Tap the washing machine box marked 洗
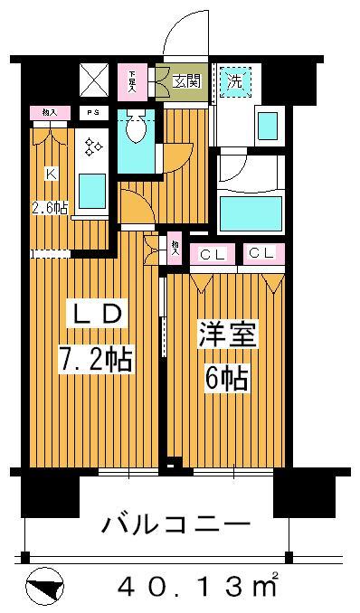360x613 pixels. coord(234,80)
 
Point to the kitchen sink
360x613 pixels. coord(91,191)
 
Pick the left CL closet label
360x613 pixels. coord(213,253)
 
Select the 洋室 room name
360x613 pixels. coord(228,335)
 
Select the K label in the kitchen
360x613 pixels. coord(52,173)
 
